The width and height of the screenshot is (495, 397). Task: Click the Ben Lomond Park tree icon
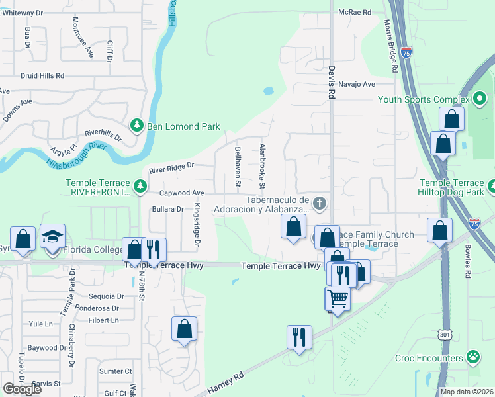[x=137, y=125]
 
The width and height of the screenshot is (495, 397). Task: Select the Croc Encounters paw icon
[x=472, y=358]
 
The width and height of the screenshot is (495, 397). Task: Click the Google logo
[x=22, y=389]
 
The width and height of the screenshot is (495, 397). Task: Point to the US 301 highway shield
[x=443, y=334]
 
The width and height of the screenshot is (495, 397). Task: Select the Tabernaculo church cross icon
[x=320, y=203]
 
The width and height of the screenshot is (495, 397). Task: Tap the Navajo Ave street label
[x=356, y=84]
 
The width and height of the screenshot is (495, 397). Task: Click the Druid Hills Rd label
[x=42, y=76]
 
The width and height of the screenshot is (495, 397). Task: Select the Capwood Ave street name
[x=181, y=193]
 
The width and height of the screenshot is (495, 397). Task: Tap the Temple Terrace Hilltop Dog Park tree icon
[x=490, y=187]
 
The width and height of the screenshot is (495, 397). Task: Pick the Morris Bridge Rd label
[x=390, y=45]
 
